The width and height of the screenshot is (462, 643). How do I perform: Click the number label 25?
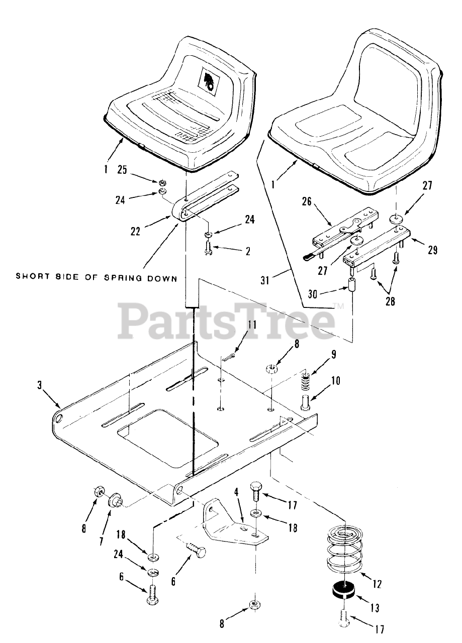(122, 170)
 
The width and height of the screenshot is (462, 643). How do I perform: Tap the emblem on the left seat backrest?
(210, 81)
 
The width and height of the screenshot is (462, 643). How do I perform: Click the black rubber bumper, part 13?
(343, 591)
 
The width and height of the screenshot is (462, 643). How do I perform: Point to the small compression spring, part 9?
(305, 378)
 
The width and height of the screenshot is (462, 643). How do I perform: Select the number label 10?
(335, 380)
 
